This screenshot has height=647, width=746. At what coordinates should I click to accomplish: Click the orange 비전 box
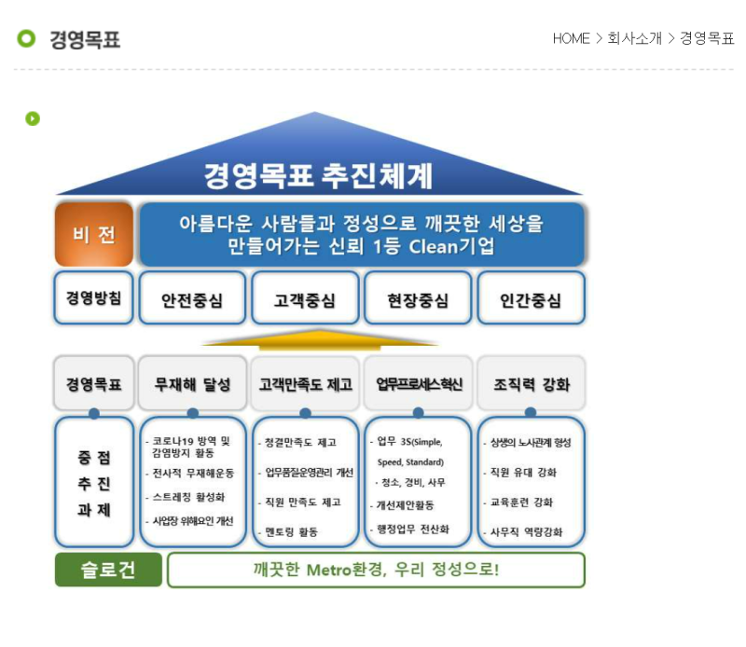pos(93,234)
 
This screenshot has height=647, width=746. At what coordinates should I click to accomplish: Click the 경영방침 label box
pos(93,298)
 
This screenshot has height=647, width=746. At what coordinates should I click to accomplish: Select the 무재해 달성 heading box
pos(192,383)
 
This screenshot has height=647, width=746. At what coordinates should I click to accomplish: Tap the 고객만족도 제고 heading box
pos(305,383)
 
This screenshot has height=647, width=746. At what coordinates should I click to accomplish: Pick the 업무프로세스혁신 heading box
pos(418,383)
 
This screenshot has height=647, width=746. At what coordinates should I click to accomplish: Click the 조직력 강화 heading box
pos(531,383)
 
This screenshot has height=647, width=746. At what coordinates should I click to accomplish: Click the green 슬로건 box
pos(108,570)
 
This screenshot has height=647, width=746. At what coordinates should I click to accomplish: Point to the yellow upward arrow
pos(319,337)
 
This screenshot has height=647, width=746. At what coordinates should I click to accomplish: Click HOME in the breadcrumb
pos(571,38)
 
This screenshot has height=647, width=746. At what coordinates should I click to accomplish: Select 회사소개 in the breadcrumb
pos(634,38)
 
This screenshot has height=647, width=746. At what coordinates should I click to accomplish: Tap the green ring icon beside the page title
pos(26,38)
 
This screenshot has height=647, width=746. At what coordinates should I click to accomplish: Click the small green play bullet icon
pos(33,118)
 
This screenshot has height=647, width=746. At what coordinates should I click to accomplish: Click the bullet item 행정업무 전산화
pos(411,529)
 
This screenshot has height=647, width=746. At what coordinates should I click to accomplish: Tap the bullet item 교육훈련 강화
pos(521,502)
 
